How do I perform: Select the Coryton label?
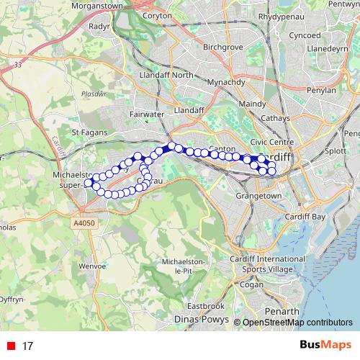(x=157, y=15)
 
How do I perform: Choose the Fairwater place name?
(x=146, y=114)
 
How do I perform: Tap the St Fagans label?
(x=91, y=132)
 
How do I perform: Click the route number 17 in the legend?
(x=28, y=346)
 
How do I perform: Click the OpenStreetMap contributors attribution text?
(x=297, y=323)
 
